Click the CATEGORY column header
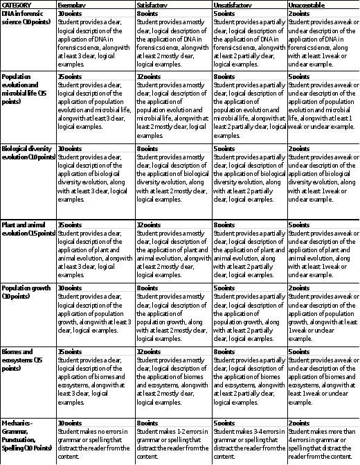click(x=17, y=5)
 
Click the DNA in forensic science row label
click(x=27, y=17)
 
